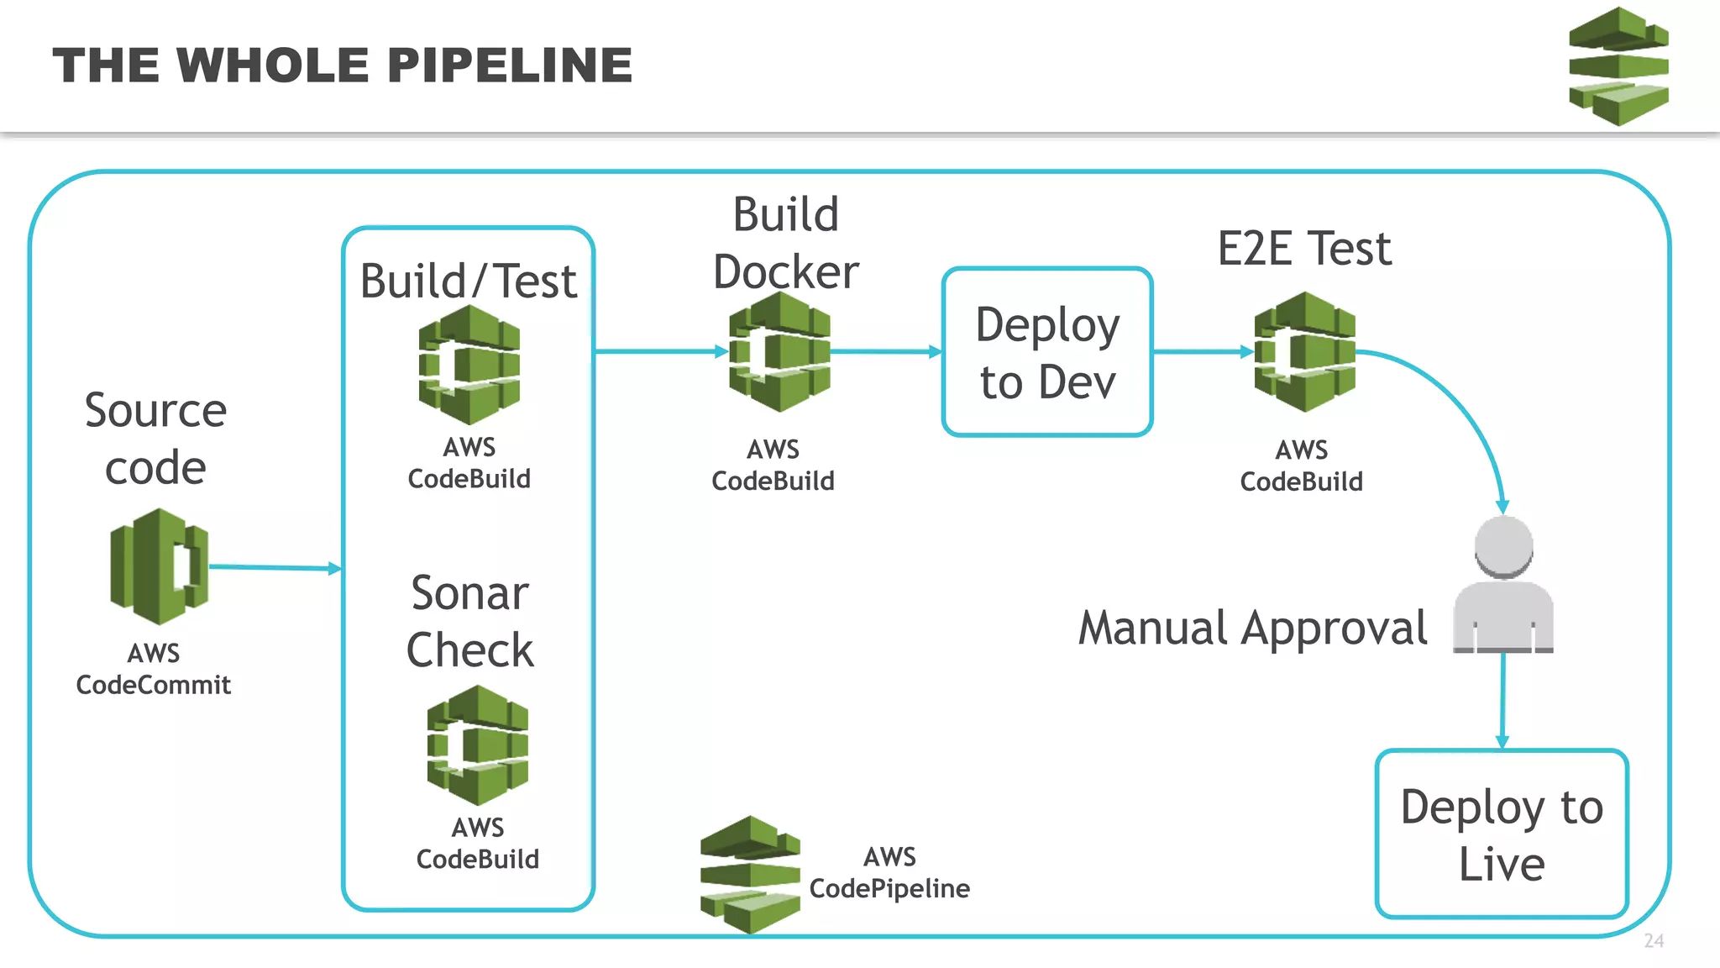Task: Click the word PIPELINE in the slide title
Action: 510,66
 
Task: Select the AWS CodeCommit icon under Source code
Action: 159,566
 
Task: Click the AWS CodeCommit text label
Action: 154,669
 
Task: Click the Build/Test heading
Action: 468,281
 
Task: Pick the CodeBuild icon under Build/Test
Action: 469,365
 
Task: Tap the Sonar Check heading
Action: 469,621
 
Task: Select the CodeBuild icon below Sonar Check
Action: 477,744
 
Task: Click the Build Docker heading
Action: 785,243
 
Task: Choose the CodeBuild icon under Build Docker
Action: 779,352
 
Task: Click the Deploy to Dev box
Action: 1046,352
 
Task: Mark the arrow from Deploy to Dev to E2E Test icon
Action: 1201,352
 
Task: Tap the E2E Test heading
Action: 1304,249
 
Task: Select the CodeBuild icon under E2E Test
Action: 1304,352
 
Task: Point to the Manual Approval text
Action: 1252,628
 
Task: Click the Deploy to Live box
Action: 1502,834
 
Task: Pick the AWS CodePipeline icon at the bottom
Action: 750,874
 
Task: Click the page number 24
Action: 1654,941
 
